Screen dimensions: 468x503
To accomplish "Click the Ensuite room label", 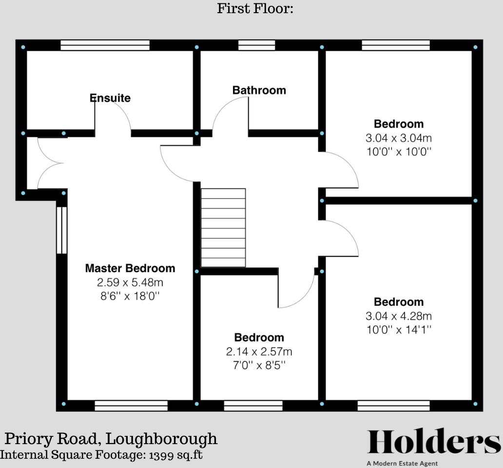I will tap(110, 98).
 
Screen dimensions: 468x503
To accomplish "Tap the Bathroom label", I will tap(259, 90).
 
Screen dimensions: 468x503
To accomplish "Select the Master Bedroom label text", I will tap(130, 268).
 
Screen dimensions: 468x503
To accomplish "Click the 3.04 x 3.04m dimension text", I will tap(399, 137).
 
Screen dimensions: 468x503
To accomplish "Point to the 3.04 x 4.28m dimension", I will tap(399, 316).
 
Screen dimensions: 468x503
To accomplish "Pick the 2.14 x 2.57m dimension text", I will tap(259, 351).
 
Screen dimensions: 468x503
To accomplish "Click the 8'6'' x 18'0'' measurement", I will tap(130, 296).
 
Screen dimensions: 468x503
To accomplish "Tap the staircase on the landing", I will tap(223, 228).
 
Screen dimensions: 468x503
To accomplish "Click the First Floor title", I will tap(255, 8).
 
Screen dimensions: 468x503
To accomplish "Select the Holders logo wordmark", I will tap(433, 442).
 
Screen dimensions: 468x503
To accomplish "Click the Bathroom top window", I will tap(250, 46).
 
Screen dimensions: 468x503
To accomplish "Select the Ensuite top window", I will tap(105, 46).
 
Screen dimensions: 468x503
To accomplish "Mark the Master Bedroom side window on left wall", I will tap(61, 230).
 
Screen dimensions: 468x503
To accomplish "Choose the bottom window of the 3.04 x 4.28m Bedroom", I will tap(393, 406).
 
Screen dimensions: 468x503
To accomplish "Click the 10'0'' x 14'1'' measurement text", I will tap(399, 330).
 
